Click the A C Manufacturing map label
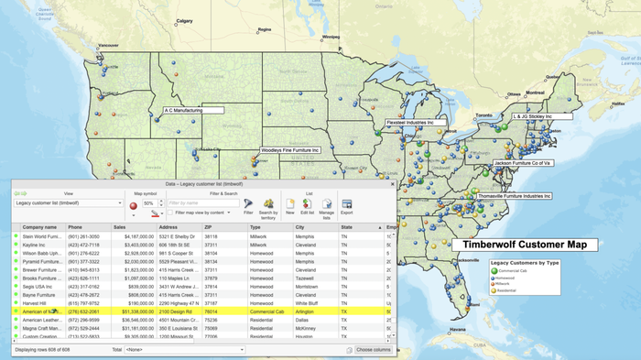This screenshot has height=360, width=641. pos(195,110)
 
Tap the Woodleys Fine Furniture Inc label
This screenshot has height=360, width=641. pos(290,149)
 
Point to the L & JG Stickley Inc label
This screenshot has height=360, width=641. pos(542,117)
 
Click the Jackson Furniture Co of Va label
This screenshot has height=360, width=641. pos(522,163)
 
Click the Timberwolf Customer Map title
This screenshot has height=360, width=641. pos(524,245)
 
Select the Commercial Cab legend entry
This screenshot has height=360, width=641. pos(515,271)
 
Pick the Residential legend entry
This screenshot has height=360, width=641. pos(509,290)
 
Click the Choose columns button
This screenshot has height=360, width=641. pos(373,350)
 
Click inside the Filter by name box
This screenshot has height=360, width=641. pos(201,202)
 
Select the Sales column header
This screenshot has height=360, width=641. pos(119,227)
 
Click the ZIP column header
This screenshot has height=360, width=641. pos(209,227)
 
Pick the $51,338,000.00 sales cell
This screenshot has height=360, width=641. pos(133,311)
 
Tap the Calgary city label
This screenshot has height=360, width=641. pos(184,20)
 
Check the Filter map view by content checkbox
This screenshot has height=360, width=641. pos(169,213)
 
